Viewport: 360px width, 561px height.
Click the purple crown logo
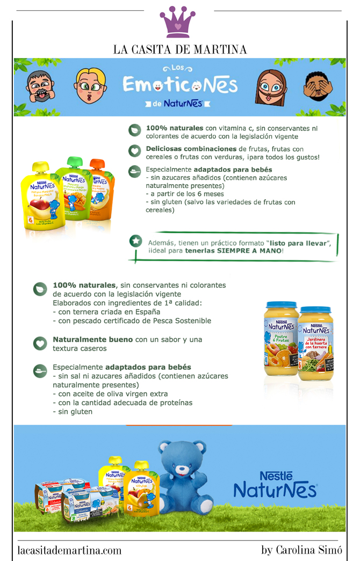[179, 23]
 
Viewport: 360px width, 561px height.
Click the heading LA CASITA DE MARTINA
[180, 49]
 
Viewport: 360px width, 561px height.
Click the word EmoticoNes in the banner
[180, 85]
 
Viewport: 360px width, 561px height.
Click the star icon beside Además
[136, 241]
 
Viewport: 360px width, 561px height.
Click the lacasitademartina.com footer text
[69, 550]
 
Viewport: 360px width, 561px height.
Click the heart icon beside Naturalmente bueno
[40, 343]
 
